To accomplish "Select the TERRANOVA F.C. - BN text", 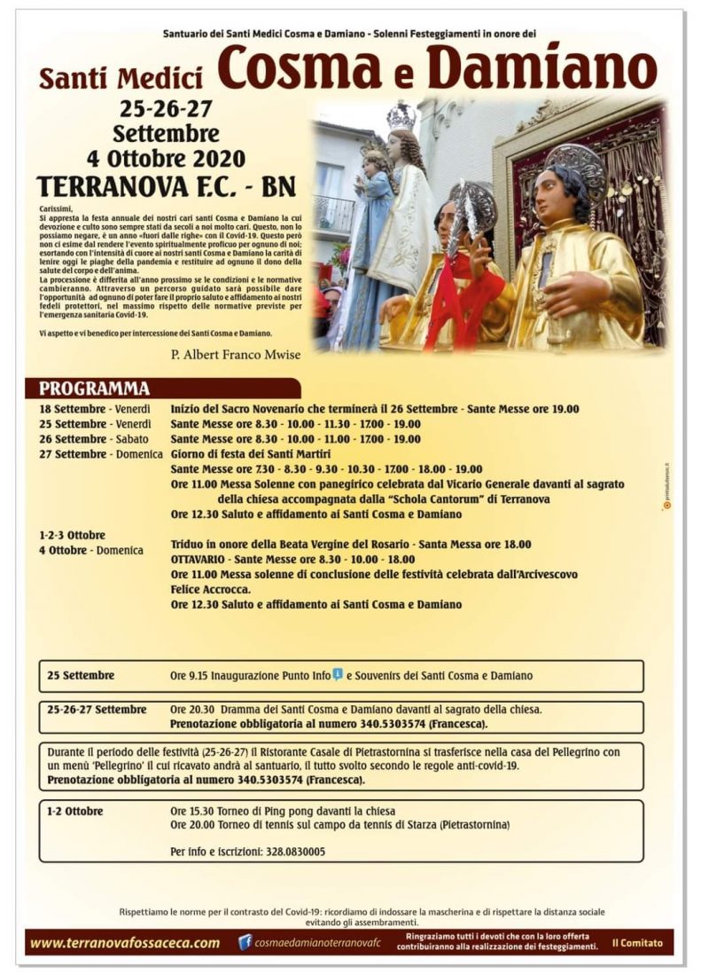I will click(167, 186).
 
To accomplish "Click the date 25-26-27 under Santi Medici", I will click(167, 110).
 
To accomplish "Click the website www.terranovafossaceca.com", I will click(125, 943).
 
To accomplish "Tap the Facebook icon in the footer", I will click(245, 942).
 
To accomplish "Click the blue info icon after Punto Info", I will click(338, 674).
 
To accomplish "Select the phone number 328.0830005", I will click(293, 852).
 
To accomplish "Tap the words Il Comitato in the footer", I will click(636, 943).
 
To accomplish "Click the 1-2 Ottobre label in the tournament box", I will click(75, 811).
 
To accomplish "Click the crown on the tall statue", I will click(401, 115).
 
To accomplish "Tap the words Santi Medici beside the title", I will click(121, 78).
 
